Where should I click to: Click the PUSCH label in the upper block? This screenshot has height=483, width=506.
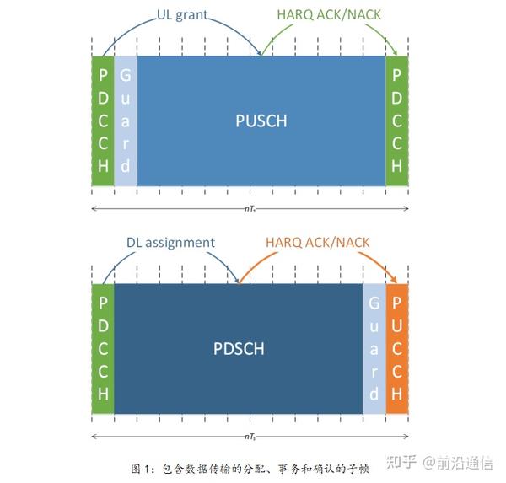pos(261,121)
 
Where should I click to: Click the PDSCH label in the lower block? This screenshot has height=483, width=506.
pos(239,349)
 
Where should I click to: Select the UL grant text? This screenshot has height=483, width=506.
pos(182,15)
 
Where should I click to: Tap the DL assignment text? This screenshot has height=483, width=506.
pos(170,243)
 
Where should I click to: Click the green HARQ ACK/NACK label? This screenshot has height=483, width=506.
pos(329,15)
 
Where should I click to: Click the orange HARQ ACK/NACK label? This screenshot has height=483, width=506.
pos(318,243)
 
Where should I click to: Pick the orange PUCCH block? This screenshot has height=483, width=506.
pos(397,348)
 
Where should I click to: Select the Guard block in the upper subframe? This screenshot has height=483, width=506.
pos(126,121)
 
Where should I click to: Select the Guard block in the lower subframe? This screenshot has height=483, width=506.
pos(374,348)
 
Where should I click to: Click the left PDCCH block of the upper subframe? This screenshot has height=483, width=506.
pos(103,121)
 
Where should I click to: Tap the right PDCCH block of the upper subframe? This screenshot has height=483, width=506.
pos(397,121)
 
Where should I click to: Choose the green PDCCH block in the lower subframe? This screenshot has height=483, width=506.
pos(103,348)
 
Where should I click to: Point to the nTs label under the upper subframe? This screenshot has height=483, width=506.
pos(250,209)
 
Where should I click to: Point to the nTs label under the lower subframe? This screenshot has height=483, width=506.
pos(250,437)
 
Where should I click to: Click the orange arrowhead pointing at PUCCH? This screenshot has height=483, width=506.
pos(394,279)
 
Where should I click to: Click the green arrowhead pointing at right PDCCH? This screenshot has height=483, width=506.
pos(395,51)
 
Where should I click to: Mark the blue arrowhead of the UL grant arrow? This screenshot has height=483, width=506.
pos(259,52)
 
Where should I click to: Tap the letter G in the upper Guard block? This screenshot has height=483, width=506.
pos(126,76)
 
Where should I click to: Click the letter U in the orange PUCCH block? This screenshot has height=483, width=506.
pos(397,326)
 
